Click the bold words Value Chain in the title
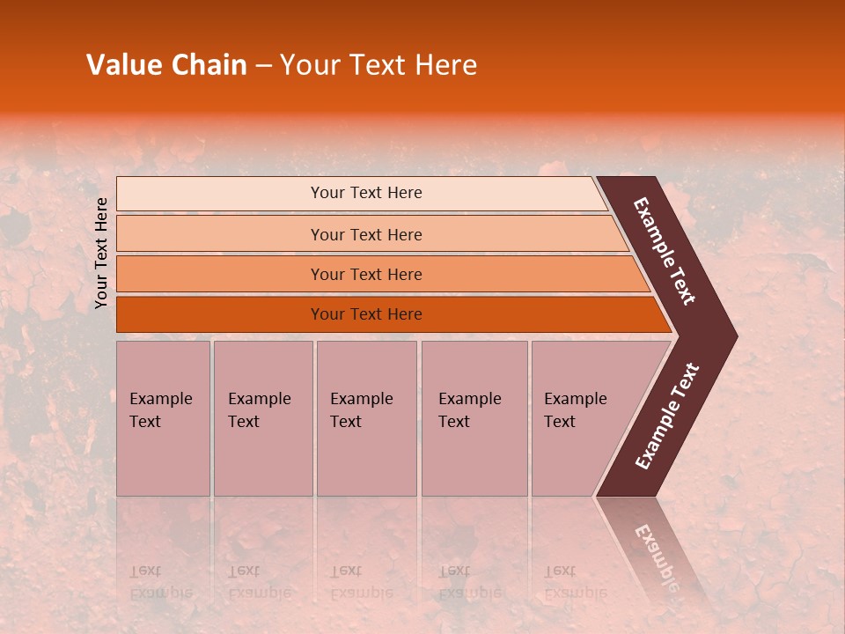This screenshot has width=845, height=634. click(x=166, y=65)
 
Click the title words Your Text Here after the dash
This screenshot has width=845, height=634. click(x=378, y=65)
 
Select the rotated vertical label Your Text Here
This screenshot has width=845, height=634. click(x=101, y=253)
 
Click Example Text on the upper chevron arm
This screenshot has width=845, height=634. click(x=665, y=251)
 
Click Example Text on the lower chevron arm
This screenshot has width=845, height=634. click(x=667, y=417)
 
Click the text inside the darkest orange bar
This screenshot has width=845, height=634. click(x=366, y=314)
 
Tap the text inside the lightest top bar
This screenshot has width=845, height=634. click(x=366, y=193)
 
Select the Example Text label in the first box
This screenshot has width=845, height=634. click(x=160, y=410)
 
